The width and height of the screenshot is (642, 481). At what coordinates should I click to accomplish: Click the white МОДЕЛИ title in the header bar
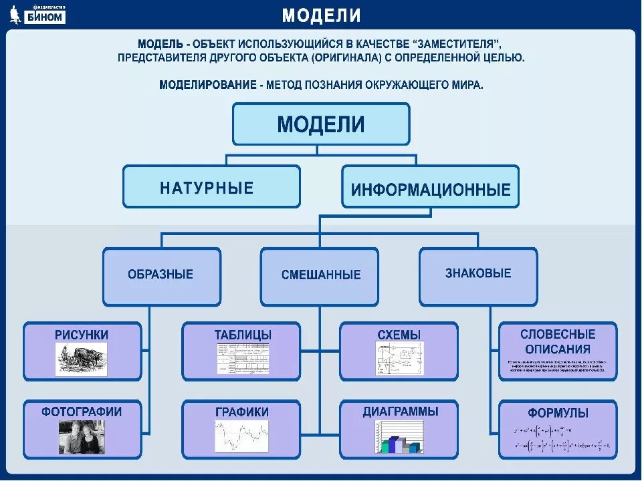[321, 15]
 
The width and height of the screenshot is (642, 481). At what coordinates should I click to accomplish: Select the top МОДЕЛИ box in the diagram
[321, 124]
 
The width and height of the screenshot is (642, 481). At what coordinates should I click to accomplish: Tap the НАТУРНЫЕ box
[211, 187]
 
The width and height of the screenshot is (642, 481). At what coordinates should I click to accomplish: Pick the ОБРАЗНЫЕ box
[160, 275]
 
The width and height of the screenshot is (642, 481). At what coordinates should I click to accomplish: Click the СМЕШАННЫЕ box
[320, 275]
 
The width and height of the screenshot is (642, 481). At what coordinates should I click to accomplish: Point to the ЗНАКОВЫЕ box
[477, 274]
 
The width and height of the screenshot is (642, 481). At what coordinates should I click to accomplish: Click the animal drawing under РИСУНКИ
[81, 359]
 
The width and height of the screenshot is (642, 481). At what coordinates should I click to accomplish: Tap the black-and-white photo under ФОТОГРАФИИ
[81, 436]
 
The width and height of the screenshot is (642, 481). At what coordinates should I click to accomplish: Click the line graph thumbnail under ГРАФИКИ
[242, 436]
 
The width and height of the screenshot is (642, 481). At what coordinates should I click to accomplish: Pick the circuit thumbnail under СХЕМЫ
[399, 359]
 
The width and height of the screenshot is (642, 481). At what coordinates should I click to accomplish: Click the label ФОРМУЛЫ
[558, 414]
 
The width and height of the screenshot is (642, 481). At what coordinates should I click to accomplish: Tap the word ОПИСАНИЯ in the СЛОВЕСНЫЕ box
[558, 349]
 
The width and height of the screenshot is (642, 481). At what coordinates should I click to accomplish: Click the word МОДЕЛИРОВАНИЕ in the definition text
[207, 85]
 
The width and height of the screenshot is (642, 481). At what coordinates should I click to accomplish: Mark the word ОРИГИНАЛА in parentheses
[344, 57]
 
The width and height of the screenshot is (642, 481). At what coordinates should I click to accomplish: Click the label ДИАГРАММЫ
[400, 412]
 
